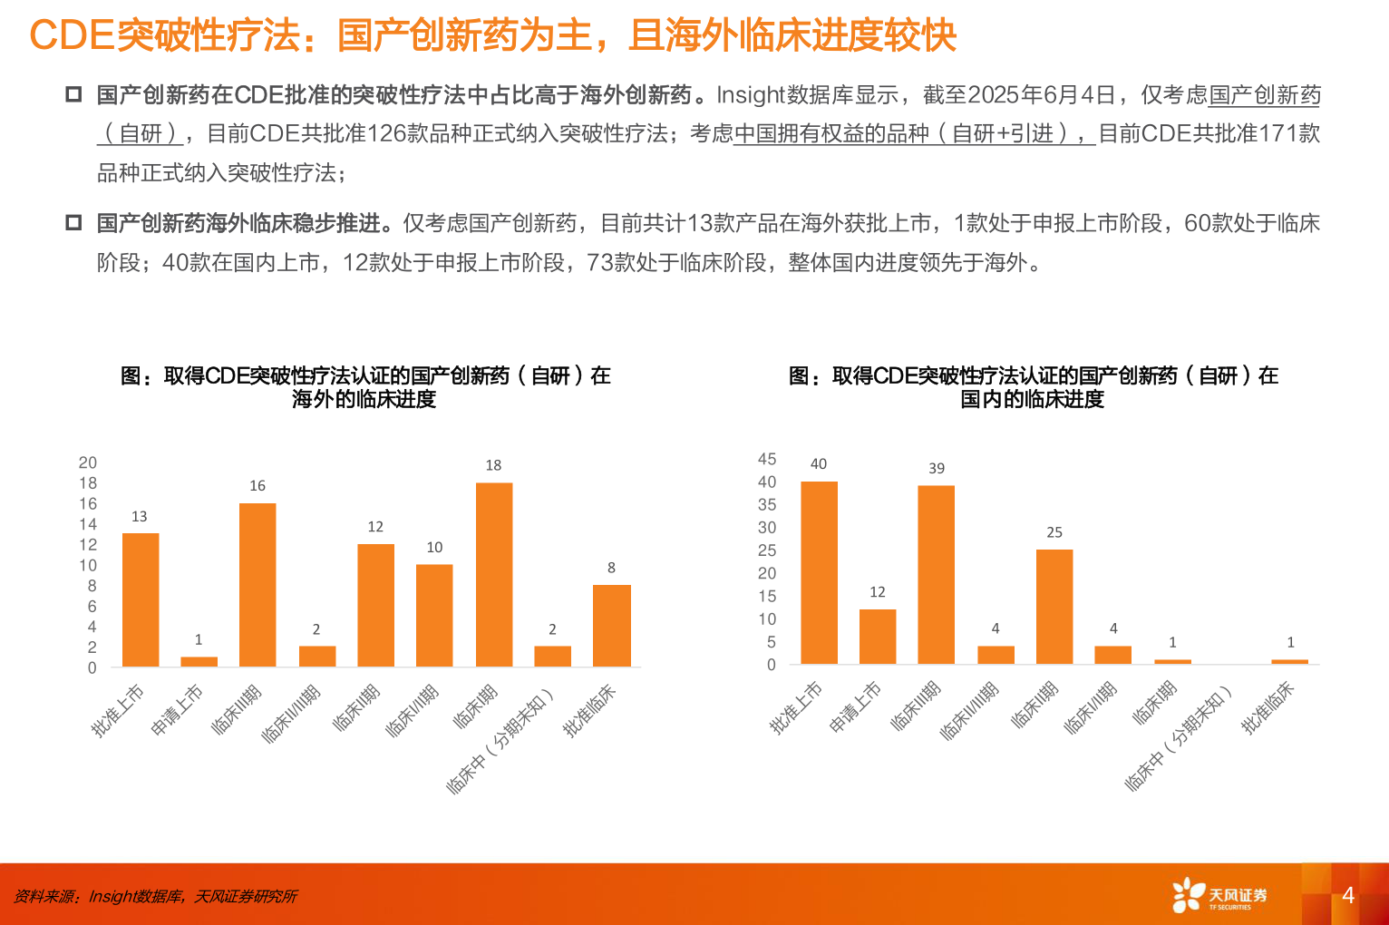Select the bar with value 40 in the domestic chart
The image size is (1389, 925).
[x=819, y=572]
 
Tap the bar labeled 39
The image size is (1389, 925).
[x=936, y=575]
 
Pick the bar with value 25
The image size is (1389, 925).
[x=1054, y=607]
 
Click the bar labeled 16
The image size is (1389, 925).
[x=257, y=585]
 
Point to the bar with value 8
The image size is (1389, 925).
[x=612, y=626]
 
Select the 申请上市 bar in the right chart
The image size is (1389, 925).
[x=878, y=637]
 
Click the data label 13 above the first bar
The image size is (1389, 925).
[x=139, y=516]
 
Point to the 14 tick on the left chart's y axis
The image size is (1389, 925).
[x=88, y=524]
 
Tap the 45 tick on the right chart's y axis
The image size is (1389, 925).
[x=767, y=459]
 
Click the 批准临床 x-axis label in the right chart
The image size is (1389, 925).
[x=1268, y=707]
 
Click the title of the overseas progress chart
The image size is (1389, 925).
[x=365, y=387]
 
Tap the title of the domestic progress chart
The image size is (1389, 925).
[x=1033, y=387]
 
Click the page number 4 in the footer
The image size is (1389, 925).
[x=1348, y=895]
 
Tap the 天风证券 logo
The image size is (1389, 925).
[x=1219, y=895]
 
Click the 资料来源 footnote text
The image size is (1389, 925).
[x=155, y=896]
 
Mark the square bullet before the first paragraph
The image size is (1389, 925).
[x=73, y=94]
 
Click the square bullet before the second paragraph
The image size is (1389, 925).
[x=73, y=222]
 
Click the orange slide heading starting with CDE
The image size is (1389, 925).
[x=492, y=35]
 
